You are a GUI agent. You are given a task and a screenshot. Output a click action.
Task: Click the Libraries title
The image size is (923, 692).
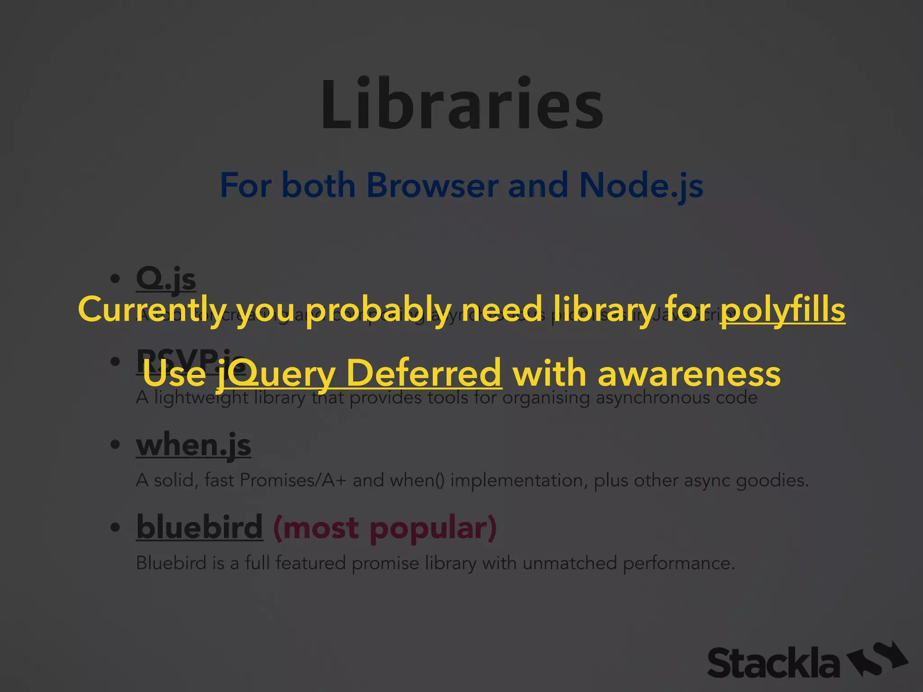(x=461, y=105)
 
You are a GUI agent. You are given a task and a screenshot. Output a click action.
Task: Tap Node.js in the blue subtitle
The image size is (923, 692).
(x=641, y=185)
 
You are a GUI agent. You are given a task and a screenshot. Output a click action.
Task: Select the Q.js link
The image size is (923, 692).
(x=166, y=279)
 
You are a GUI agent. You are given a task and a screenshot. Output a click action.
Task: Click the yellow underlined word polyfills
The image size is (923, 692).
(x=782, y=310)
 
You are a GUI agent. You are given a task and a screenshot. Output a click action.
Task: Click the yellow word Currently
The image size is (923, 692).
(x=152, y=310)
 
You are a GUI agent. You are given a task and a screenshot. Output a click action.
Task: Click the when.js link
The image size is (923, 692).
(x=193, y=445)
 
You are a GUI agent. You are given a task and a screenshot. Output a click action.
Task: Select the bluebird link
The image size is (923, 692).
(x=199, y=527)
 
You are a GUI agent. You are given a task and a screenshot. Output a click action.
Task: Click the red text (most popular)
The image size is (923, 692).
(x=385, y=527)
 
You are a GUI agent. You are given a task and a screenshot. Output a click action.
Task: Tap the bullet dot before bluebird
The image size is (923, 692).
(x=115, y=527)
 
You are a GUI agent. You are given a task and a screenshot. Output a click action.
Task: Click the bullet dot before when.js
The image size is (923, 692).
(x=115, y=445)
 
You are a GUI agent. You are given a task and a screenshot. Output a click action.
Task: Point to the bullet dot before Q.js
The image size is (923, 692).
(x=115, y=279)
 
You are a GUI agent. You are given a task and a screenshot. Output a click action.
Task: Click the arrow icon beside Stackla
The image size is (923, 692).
(x=877, y=659)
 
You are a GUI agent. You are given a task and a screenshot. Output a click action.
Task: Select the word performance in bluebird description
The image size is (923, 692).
(x=678, y=564)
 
